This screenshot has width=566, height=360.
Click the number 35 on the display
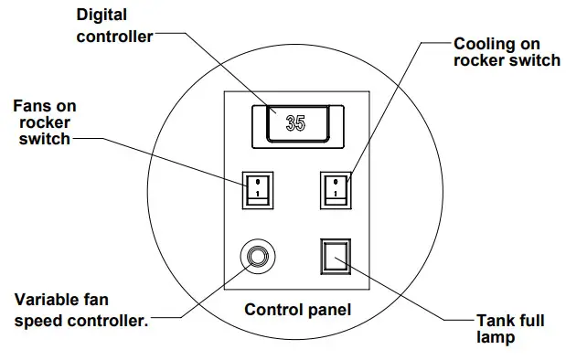(295, 123)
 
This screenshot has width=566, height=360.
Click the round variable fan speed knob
(256, 258)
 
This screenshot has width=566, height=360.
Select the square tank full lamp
(335, 258)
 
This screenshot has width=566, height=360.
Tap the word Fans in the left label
(33, 105)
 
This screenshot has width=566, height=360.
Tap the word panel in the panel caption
(329, 311)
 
